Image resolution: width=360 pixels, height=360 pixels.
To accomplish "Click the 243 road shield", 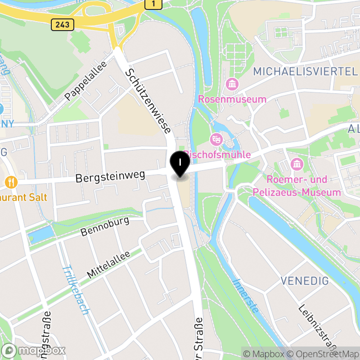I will pos(63,24).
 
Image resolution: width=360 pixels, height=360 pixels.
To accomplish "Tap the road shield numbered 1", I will pos(153,4).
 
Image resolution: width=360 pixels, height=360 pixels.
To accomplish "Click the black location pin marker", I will pos(180,164).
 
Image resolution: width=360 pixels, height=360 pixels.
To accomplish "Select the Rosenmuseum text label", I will pos(232,99).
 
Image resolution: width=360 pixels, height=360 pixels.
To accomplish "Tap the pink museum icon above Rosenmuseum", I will pos(232,84).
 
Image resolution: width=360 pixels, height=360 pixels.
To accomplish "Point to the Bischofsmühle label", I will pos(218,154).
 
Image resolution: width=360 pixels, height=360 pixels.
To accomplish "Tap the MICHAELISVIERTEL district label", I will pos(305,71).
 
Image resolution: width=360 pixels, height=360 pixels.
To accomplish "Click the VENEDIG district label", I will pos(305,281).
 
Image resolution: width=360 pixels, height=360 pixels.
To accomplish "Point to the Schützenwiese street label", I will pos(148,101).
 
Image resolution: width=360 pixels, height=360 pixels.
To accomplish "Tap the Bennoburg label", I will pos(105,226).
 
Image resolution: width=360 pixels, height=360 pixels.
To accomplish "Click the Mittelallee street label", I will pos(108,264).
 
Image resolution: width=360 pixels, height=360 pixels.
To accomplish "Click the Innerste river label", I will pos(246,296).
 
